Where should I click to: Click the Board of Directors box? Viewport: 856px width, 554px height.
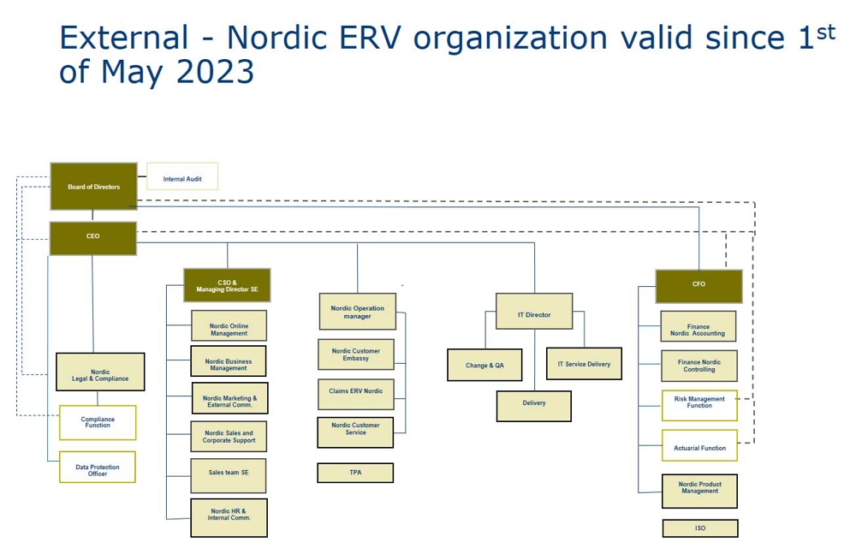click(x=93, y=186)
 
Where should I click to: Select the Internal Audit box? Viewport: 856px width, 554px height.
click(x=182, y=177)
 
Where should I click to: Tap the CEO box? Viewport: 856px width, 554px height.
click(x=92, y=237)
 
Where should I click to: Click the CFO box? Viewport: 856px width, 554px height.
click(x=698, y=285)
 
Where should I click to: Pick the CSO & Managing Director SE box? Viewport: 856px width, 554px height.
click(x=227, y=285)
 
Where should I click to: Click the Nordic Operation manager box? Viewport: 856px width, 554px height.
click(x=358, y=312)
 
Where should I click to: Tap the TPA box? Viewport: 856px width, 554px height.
click(x=355, y=473)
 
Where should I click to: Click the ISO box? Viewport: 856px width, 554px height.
click(x=699, y=528)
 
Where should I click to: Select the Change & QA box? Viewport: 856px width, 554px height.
click(x=484, y=365)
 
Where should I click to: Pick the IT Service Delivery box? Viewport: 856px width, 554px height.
click(x=584, y=364)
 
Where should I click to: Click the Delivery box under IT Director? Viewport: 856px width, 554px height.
click(x=533, y=405)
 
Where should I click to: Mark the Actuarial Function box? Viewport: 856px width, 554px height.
click(x=699, y=446)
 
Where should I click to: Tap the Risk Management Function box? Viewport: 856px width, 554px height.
click(x=699, y=405)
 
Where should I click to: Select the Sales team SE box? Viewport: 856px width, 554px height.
click(x=229, y=475)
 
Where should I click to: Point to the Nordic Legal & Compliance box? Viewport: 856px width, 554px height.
click(x=100, y=372)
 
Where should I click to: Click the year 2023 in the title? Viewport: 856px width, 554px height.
click(x=215, y=72)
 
